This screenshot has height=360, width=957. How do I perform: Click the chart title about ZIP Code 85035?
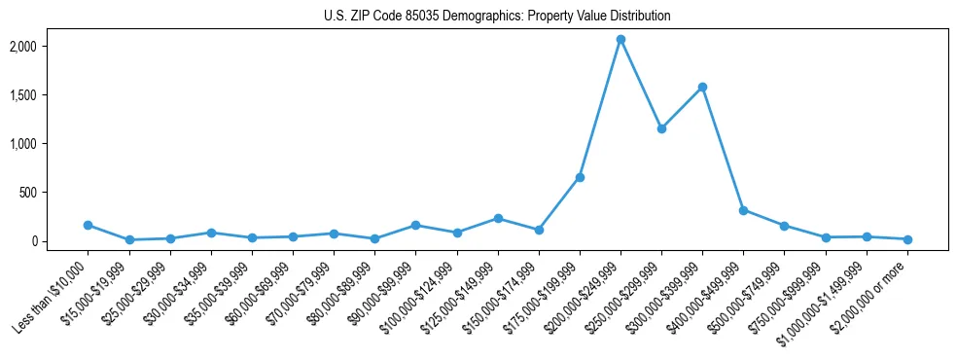[x=497, y=17]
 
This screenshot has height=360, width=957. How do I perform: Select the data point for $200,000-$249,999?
[x=620, y=40]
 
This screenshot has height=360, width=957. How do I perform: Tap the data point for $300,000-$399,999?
[x=702, y=88]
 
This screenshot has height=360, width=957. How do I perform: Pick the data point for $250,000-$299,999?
[x=661, y=128]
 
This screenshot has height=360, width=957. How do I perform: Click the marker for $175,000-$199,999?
[x=580, y=177]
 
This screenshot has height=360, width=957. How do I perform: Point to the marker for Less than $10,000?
[x=89, y=225]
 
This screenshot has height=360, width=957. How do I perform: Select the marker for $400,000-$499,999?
[x=743, y=210]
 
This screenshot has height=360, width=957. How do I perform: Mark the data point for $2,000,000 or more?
[x=907, y=239]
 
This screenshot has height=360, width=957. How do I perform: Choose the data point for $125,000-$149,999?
[x=498, y=219]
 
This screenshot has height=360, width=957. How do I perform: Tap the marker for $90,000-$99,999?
[x=415, y=226]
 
